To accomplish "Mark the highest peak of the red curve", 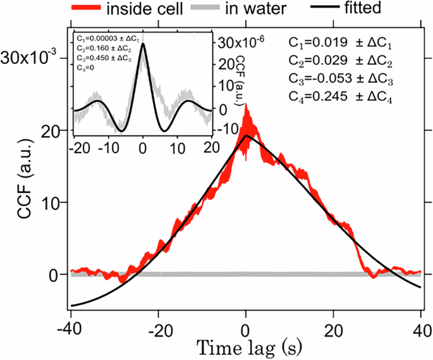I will tap(246, 105).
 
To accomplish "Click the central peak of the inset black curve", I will tap(143, 44).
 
